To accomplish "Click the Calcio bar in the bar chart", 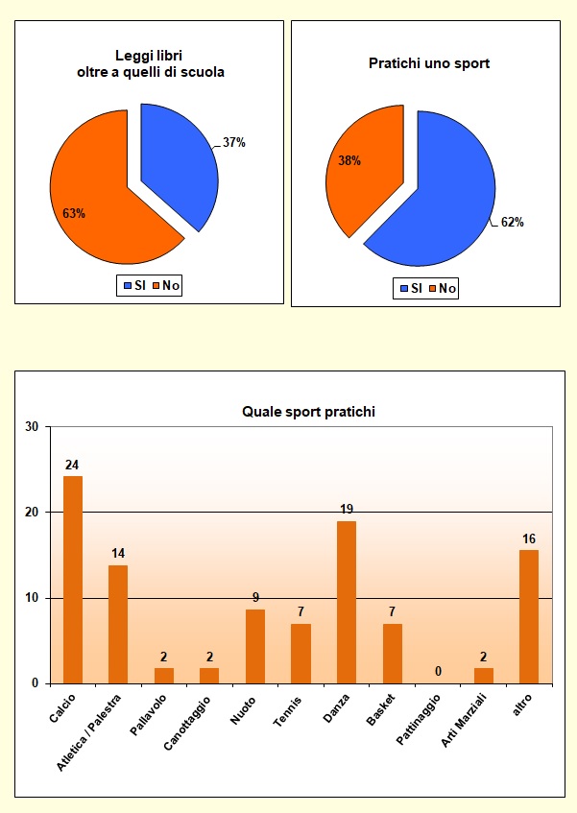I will tap(73, 579).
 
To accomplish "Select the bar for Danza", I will tap(347, 602).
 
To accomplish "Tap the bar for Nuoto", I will tap(255, 646).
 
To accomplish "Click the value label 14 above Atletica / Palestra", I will tap(118, 554).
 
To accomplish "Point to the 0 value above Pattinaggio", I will tap(438, 671).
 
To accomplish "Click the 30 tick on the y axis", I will tap(32, 427).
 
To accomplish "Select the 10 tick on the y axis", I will tap(32, 598).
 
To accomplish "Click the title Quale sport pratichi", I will tap(307, 412).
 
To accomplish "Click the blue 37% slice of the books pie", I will tap(182, 163).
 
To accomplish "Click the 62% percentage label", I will tap(512, 223).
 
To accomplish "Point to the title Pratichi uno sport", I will tap(429, 63).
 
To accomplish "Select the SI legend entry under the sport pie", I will tap(411, 289).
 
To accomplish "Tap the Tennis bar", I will tap(301, 653).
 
